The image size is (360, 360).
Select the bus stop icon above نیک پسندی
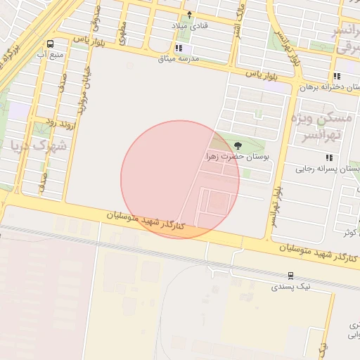pos(290,276)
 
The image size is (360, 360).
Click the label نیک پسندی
pos(290,287)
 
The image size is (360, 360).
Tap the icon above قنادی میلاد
pos(189,14)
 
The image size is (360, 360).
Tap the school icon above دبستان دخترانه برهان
pos(337,76)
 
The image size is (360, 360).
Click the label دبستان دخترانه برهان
pos(330,87)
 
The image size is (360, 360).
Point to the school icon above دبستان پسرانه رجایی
pos(328,157)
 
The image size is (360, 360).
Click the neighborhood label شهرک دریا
pos(38,146)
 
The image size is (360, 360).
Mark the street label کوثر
pos(349,232)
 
